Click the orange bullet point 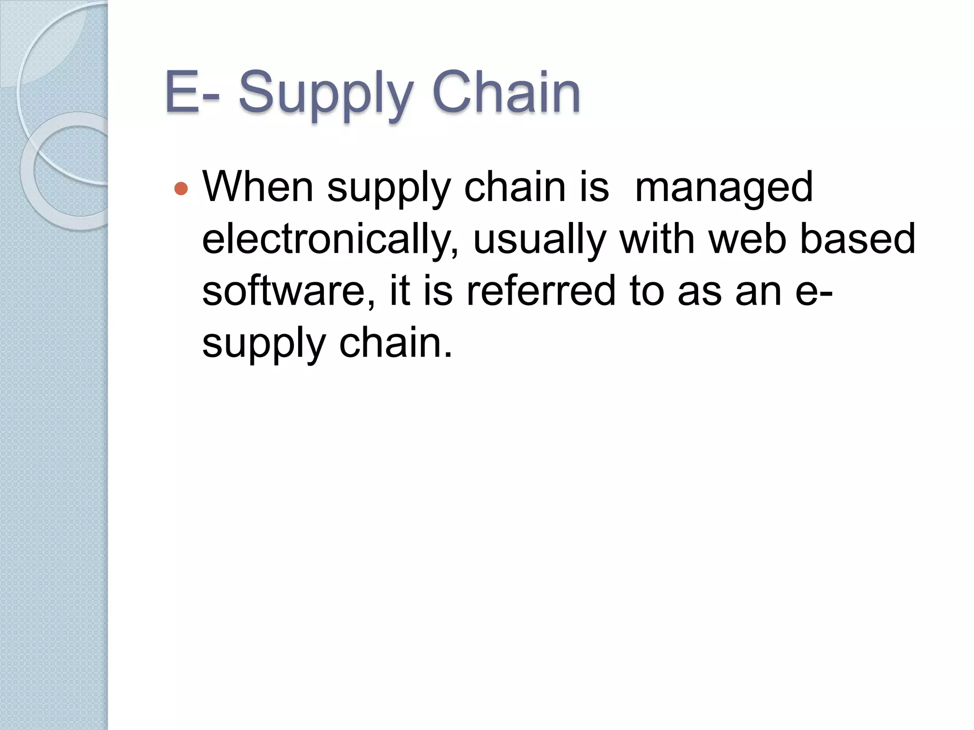(x=181, y=189)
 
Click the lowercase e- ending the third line (x=814, y=291)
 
